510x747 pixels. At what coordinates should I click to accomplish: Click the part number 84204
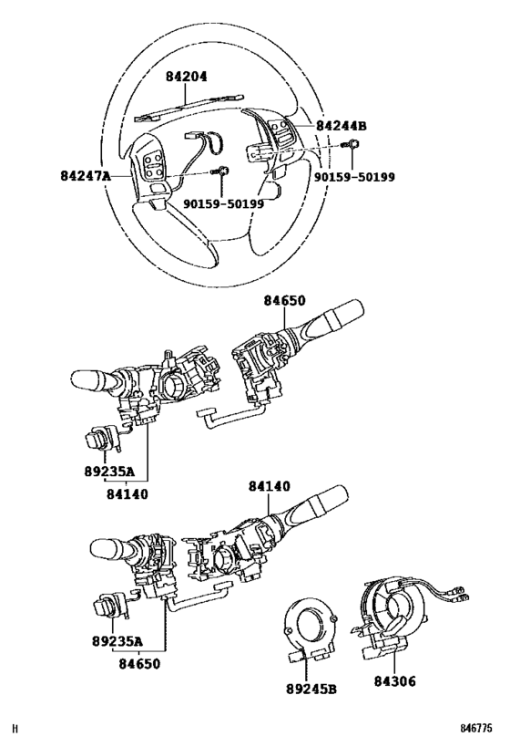pos(187,77)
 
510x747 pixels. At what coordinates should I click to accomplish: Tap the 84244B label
pos(342,126)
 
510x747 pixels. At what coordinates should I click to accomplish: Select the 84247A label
pos(86,176)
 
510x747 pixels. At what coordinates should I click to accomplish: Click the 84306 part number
pos(394,681)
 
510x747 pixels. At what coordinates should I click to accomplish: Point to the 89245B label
pos(311,689)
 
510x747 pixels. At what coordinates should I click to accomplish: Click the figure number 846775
pos(475,729)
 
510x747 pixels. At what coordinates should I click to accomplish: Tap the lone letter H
pos(15,729)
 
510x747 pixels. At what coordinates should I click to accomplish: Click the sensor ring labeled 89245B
pos(310,630)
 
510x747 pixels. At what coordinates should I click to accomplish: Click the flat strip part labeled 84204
pos(189,107)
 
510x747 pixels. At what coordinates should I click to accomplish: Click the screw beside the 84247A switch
pos(222,170)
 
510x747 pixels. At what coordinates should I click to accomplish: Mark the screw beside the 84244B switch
pos(352,143)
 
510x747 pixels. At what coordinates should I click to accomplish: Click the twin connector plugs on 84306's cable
pos(462,594)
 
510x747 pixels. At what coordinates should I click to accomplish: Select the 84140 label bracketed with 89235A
pos(127,494)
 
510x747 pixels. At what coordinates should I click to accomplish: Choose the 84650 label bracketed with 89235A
pos(139,663)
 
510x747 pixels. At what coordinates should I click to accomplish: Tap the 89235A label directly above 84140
pos(110,472)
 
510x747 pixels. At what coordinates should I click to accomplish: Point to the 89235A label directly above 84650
pos(117,641)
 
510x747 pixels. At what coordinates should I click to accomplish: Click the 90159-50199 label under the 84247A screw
pos(224,204)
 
